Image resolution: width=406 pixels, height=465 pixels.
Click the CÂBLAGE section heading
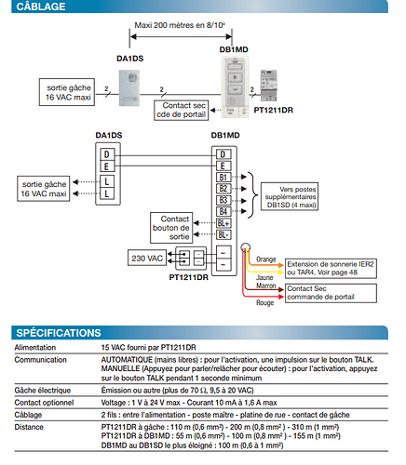41,7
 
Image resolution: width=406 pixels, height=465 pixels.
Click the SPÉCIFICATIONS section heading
59,333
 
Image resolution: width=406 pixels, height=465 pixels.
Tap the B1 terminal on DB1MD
223,177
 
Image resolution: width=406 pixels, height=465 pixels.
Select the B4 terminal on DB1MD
223,212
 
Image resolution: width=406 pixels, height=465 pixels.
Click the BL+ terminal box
223,223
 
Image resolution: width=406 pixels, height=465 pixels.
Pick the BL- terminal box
223,235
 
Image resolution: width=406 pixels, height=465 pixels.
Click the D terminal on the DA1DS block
107,154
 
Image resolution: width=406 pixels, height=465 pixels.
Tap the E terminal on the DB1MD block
223,166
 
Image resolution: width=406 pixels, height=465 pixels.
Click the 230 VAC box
147,258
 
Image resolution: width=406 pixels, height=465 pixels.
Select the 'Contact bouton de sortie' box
171,228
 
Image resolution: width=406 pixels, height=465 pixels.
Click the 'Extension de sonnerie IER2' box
331,269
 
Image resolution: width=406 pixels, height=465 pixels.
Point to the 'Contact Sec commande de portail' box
331,293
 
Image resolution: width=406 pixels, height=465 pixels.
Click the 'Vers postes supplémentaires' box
290,197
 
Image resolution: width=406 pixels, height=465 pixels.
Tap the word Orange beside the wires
266,259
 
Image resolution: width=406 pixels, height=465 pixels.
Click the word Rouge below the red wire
265,302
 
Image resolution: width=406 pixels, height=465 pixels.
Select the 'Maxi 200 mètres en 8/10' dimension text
180,25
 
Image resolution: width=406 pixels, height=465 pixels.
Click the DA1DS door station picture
129,88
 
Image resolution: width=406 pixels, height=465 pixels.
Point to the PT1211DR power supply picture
268,86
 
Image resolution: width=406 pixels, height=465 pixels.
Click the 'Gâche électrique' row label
43,391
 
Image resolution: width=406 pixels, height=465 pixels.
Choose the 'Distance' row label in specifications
29,427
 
